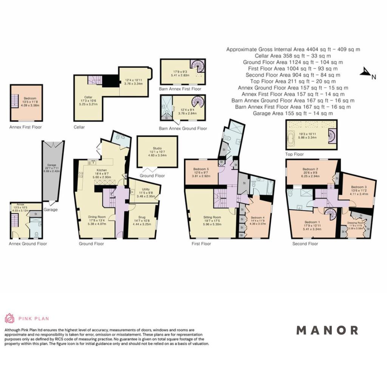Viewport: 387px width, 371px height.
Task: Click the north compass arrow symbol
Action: [x=365, y=72]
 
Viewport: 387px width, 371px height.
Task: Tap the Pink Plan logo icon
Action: [x=9, y=318]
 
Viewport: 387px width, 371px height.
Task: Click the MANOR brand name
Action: [x=327, y=330]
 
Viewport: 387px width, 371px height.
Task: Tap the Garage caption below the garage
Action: [x=51, y=210]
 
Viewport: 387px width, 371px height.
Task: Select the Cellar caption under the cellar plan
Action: [x=79, y=127]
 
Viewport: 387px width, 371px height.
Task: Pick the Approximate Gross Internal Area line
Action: [x=293, y=49]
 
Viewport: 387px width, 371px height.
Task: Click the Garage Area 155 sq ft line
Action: [x=293, y=113]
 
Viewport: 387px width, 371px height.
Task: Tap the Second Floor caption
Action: [x=305, y=244]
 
